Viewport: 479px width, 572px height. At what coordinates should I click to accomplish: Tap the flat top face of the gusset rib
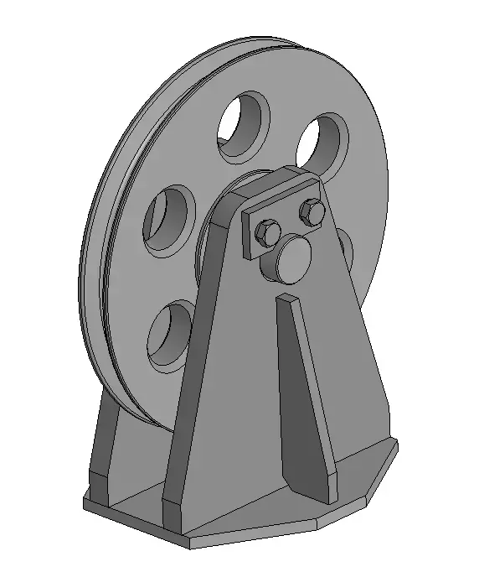[x=287, y=298]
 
